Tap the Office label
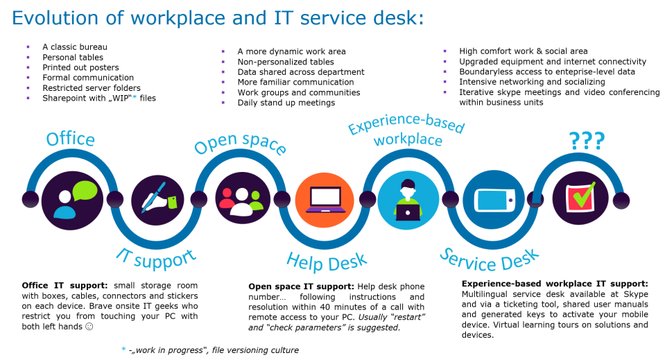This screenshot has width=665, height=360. (70, 139)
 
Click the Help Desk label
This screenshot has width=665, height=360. (326, 262)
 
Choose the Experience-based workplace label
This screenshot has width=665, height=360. (407, 132)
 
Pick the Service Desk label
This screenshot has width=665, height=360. (490, 259)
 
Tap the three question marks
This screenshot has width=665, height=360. (587, 140)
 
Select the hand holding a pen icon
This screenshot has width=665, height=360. (157, 200)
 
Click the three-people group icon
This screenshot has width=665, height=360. (241, 199)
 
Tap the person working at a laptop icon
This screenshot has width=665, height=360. (408, 200)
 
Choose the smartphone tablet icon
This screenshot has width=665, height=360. (494, 200)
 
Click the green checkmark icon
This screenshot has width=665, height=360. (580, 198)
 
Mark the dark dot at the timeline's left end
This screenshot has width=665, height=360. (31, 200)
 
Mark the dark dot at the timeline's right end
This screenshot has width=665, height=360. (621, 200)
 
